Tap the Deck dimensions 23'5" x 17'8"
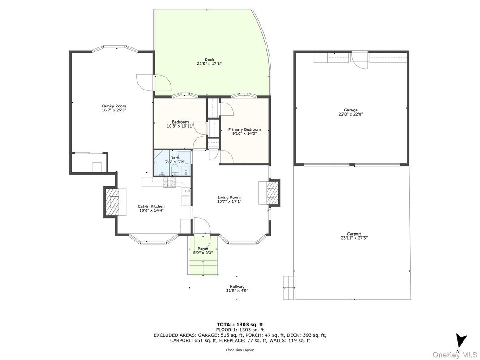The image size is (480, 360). [x=209, y=64]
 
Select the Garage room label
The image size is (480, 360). [x=351, y=110]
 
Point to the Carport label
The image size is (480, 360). [x=354, y=234]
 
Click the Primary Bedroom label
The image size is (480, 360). [x=244, y=129]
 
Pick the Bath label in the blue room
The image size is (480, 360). [x=175, y=158]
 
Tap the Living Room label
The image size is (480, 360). [x=229, y=197]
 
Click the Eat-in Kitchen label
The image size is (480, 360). [x=151, y=206]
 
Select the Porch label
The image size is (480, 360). [x=203, y=249]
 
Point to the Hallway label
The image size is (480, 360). [x=237, y=287]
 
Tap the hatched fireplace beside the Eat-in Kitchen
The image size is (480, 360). [x=111, y=202]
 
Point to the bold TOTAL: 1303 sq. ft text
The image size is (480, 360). [x=240, y=325]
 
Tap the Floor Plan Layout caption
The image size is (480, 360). [x=240, y=350]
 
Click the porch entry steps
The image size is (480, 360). [x=203, y=267]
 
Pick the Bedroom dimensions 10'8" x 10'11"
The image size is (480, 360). [x=180, y=126]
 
